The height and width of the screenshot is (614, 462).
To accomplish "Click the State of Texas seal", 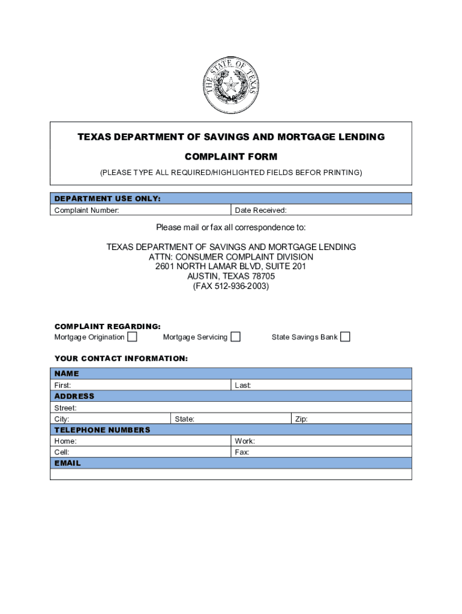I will coord(231,86).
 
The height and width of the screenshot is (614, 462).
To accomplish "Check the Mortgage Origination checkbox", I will coord(132,337).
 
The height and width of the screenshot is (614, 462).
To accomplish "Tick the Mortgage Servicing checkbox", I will coord(236,337).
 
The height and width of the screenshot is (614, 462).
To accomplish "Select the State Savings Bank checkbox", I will coord(345,337).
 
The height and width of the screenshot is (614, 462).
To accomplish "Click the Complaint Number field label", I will coord(86,210).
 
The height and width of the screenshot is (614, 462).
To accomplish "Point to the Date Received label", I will coord(260,210).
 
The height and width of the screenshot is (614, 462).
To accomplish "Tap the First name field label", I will coord(62,385).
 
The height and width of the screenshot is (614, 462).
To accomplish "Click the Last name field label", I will coord(242,385).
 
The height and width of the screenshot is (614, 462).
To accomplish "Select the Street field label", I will coord(65,408).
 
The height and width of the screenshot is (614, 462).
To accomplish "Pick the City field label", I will coord(62,419).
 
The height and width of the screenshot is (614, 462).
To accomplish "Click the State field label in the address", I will coord(184,419).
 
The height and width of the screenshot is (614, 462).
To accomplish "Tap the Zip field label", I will coord(301,419).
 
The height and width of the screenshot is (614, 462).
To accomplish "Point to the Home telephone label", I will coord(65,441).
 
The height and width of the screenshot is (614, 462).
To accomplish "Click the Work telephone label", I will coord(245,441).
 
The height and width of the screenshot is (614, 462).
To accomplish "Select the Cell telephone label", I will coord(62,452).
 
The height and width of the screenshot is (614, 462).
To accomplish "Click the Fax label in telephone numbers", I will coord(242,452).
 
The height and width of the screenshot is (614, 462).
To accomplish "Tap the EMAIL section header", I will coord(68,463).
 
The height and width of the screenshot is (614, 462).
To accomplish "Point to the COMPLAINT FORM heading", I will coord(231,157).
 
